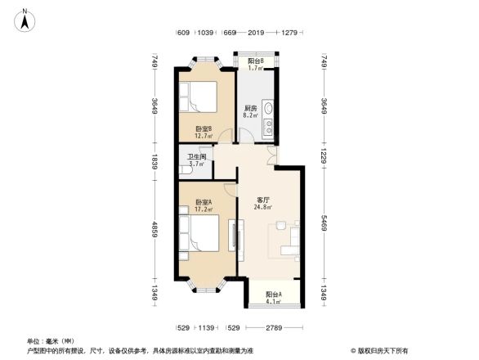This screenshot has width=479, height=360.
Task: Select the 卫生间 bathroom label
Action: (x=196, y=157)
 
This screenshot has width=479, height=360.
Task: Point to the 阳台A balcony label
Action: (x=273, y=295)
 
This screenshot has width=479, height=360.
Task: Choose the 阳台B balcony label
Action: (x=255, y=61)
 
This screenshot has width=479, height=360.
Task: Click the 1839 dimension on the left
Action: (x=154, y=162)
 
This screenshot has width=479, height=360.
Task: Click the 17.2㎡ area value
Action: (x=204, y=210)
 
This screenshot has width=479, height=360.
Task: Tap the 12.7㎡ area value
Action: (x=204, y=136)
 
